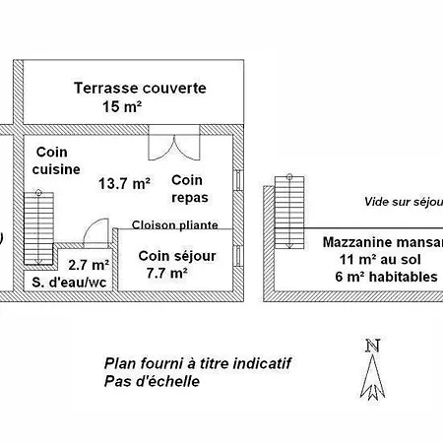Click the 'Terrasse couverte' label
(x=140, y=88)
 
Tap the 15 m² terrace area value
(x=122, y=106)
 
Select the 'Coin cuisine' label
(x=56, y=160)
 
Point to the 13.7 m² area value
(x=124, y=183)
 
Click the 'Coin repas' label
(x=190, y=189)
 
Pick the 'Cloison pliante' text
(x=175, y=224)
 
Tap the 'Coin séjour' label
(x=177, y=256)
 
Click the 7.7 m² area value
(x=167, y=273)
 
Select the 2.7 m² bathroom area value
(x=89, y=265)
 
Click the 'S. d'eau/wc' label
(x=69, y=283)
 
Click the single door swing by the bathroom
(x=96, y=232)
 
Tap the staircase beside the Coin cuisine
(x=38, y=227)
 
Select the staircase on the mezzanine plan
(x=289, y=211)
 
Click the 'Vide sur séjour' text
(x=404, y=202)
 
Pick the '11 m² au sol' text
(x=380, y=259)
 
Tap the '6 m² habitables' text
(x=386, y=277)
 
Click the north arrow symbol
(x=372, y=377)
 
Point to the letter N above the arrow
(x=373, y=346)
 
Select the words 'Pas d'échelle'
(x=152, y=381)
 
